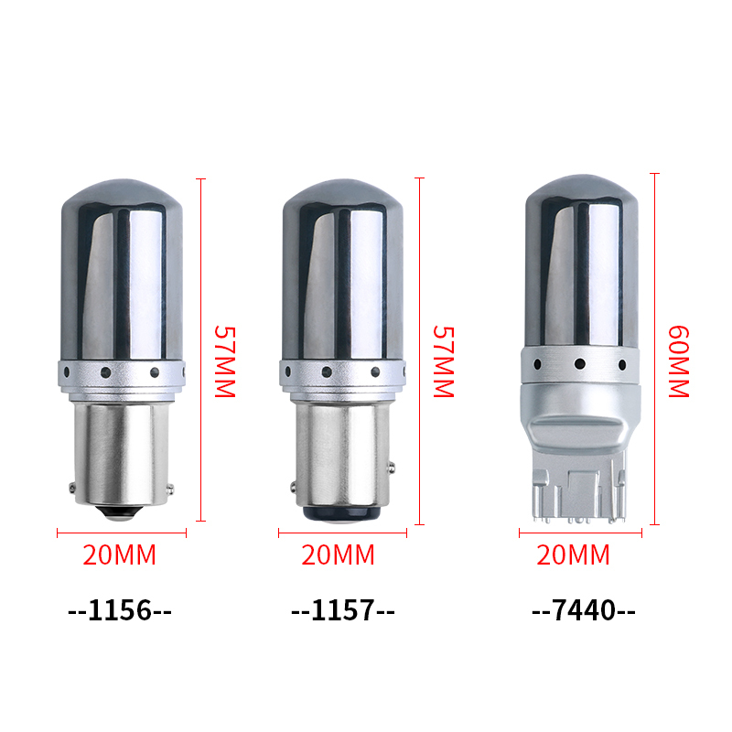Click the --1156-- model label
120,610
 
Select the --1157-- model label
342,610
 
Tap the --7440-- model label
584,610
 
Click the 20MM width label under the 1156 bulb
120,554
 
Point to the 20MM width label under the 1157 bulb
338,554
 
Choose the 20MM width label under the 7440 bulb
574,554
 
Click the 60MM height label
679,361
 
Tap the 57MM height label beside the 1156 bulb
225,361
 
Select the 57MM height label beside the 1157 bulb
444,361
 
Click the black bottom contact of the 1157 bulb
341,513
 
